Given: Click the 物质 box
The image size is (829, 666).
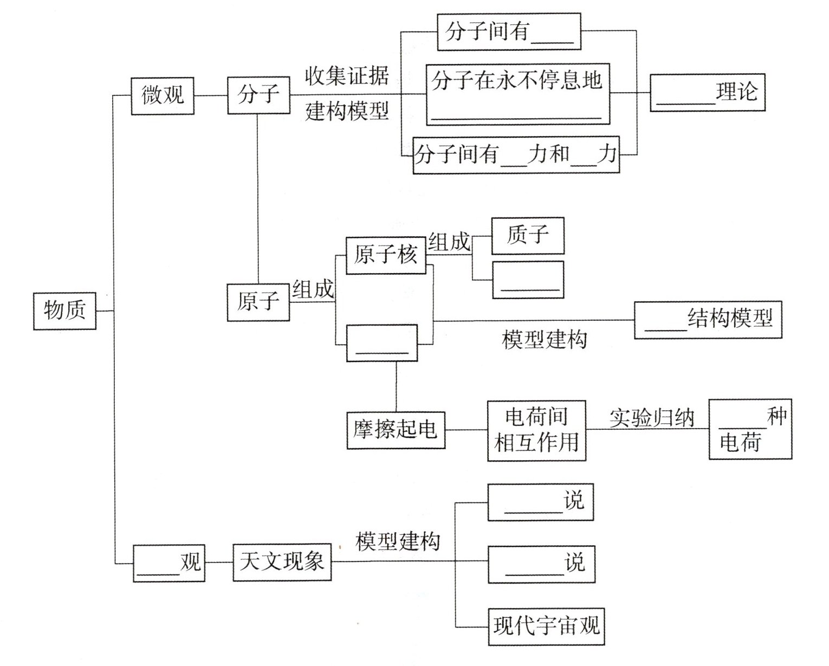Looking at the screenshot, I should point(64,311).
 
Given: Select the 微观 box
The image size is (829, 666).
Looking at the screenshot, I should point(163,96).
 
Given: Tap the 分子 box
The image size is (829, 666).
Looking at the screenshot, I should point(258,95).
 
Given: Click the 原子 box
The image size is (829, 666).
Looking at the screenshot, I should point(258,302).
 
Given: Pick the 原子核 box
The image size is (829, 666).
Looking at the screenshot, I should point(385,255).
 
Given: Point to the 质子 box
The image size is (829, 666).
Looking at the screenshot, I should point(527,236).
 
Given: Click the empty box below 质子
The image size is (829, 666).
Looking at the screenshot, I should point(527,280).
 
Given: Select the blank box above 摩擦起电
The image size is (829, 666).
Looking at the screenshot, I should point(382,342).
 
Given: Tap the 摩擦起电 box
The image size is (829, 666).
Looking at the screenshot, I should point(396,430).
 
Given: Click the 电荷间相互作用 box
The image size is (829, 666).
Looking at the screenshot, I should point(536,431).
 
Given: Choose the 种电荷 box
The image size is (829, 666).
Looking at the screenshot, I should point(750,430).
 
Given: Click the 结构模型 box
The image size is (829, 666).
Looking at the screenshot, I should point(708,320).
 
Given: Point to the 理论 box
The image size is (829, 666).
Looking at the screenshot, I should point(707,93).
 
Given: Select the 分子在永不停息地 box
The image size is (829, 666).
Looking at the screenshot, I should point(517,94).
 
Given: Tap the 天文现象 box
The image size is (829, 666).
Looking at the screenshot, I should point(282,562).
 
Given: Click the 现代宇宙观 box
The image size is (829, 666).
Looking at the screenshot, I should point(546,626).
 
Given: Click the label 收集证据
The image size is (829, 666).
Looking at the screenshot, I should point(347,76).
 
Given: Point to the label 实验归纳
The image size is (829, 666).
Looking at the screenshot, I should point(651,418).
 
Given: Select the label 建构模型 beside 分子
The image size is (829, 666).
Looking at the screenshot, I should point(347,111).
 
